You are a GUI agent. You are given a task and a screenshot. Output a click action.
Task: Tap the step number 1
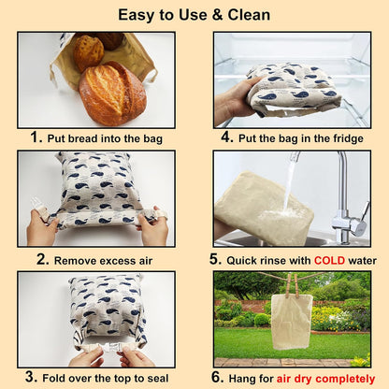[x=36, y=137]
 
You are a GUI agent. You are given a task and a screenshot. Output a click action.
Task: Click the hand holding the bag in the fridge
[x=230, y=103]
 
